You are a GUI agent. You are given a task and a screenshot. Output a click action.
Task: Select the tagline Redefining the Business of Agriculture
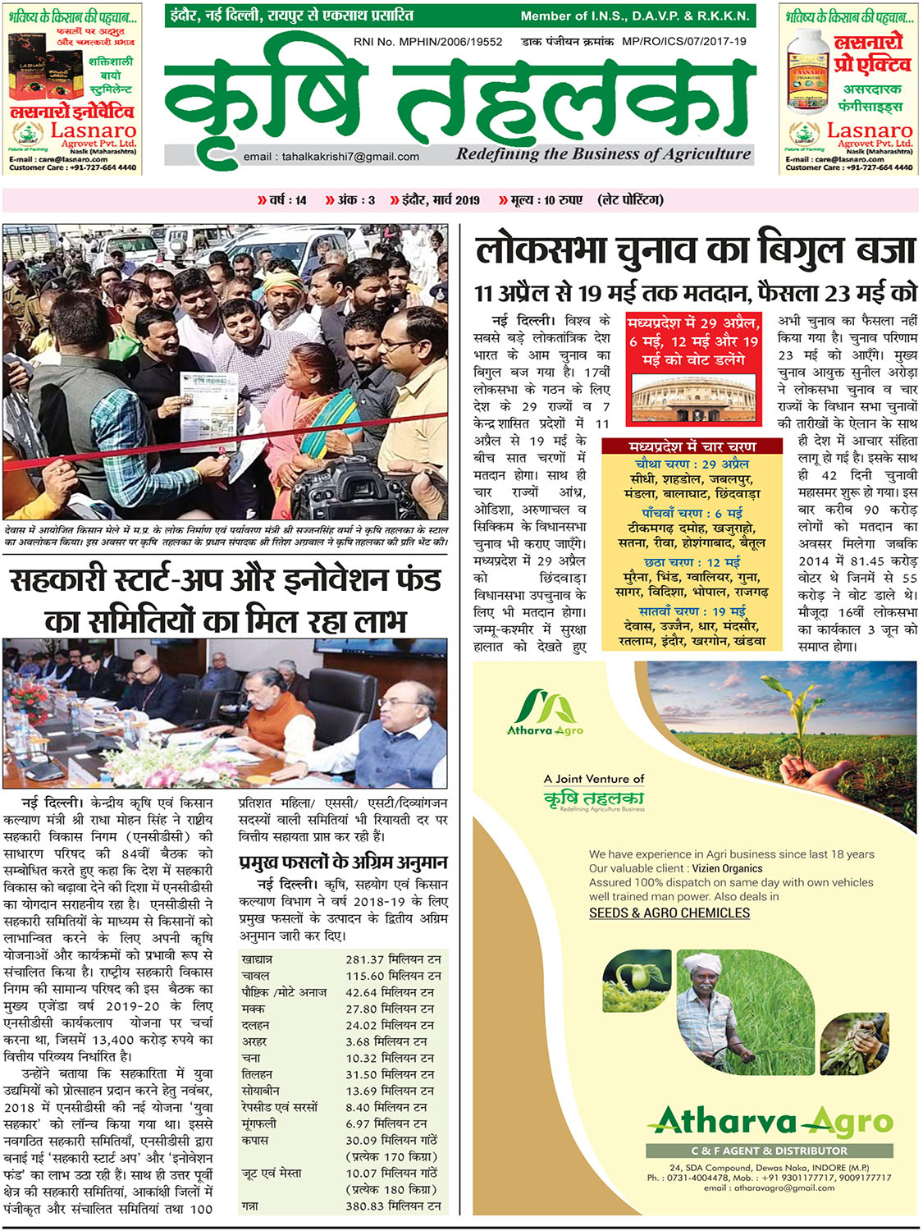[604, 153]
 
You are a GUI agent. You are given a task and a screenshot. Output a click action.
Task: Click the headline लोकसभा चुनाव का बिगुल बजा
[695, 250]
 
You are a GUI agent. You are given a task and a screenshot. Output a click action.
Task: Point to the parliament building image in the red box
[694, 397]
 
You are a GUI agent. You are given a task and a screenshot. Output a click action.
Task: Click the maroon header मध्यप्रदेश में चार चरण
[692, 447]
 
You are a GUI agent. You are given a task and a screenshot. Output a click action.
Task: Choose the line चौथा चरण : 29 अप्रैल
[692, 464]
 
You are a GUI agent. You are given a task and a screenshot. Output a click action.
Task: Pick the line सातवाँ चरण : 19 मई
[692, 611]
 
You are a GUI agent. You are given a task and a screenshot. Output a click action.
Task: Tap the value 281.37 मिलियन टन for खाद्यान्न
[393, 959]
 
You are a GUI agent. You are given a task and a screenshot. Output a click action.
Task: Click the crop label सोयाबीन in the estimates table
[260, 1091]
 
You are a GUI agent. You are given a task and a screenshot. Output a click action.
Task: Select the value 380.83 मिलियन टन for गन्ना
[393, 1206]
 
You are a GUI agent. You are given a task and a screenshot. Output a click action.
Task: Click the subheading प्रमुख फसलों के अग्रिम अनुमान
[343, 863]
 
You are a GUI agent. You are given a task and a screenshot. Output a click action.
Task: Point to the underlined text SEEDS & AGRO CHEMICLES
[669, 913]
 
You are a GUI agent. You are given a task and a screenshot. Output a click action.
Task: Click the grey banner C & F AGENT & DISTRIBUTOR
[769, 1151]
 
